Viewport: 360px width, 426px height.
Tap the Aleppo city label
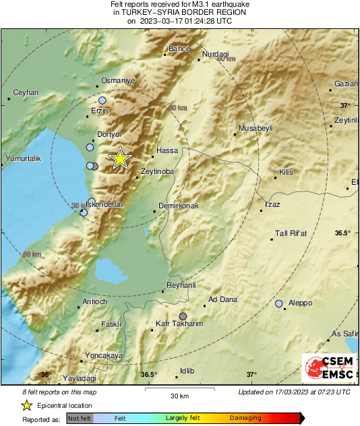(299, 303)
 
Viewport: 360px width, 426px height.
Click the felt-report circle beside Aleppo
(279, 304)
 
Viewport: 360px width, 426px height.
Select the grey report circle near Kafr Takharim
(183, 315)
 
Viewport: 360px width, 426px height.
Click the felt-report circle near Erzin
(102, 100)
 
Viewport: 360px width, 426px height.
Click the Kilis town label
(286, 173)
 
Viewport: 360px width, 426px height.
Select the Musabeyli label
(256, 128)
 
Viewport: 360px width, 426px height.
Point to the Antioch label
(94, 301)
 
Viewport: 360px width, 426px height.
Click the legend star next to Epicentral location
(26, 405)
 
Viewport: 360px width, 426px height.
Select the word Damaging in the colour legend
(245, 419)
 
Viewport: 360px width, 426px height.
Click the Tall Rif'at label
(291, 234)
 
